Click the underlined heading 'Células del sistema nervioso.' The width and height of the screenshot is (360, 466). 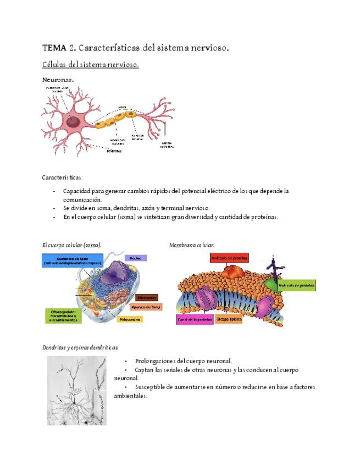point(90,65)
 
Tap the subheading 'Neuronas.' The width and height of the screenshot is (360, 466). point(58,80)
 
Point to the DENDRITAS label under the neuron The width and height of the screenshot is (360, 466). point(114,151)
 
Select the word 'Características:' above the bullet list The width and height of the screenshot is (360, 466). point(62,177)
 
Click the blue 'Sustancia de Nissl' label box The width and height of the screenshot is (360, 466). point(66,261)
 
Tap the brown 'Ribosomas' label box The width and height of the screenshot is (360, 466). point(146,297)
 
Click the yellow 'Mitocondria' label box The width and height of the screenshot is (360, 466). point(129,319)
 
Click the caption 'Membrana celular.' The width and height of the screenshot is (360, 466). point(192,245)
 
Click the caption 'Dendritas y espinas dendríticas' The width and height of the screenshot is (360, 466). point(79,347)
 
